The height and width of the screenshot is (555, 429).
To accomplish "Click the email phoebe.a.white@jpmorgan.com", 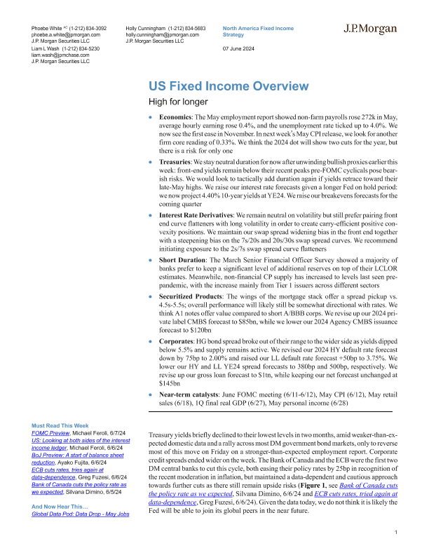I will click(x=66, y=34).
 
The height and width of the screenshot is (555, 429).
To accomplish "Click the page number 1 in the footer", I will click(x=397, y=534).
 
